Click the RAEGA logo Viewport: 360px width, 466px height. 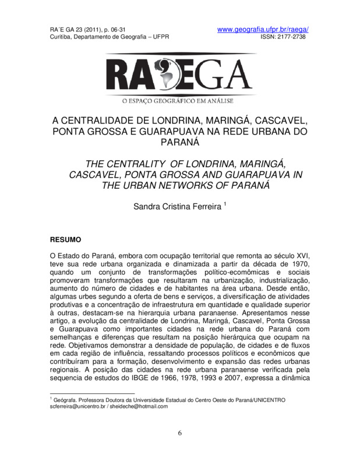click(x=181, y=74)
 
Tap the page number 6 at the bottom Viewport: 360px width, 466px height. click(x=180, y=433)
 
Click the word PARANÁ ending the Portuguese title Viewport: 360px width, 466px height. click(x=180, y=142)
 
